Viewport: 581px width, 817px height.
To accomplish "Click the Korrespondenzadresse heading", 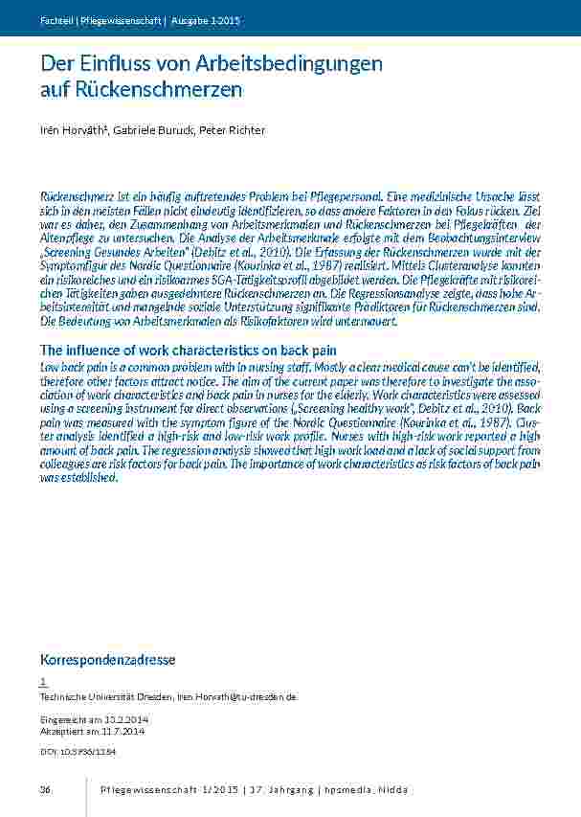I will tap(106, 660).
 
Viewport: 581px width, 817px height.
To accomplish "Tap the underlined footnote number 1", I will tap(43, 682).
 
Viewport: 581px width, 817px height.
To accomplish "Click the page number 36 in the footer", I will tap(45, 789).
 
